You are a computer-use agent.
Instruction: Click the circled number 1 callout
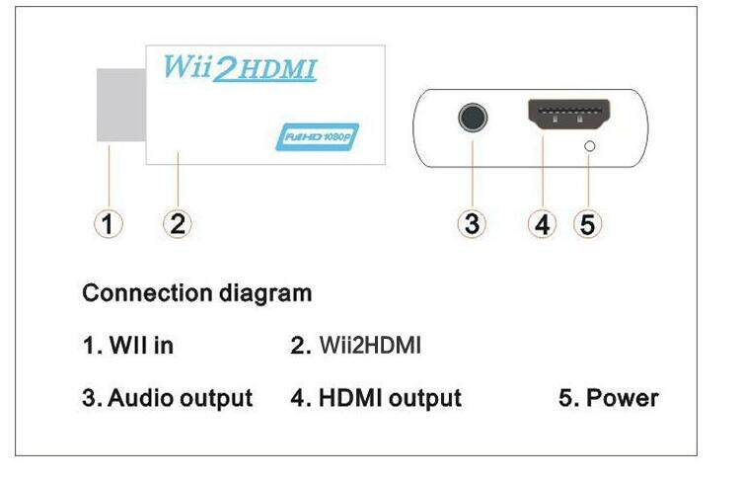(110, 223)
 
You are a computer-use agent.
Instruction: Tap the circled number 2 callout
(177, 223)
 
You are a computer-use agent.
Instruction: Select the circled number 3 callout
(472, 223)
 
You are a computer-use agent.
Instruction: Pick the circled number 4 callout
(541, 223)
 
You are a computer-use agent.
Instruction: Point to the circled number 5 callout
(588, 223)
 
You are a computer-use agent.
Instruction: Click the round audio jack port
(473, 119)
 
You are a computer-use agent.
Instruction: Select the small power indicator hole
(590, 146)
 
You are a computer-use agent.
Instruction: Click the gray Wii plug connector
(119, 105)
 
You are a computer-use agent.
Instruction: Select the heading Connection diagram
(196, 293)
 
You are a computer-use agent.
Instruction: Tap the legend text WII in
(128, 346)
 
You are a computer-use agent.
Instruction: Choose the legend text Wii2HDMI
(356, 346)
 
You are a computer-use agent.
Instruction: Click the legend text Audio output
(167, 399)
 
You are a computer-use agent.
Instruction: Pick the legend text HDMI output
(376, 399)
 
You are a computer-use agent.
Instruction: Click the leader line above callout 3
(472, 173)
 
